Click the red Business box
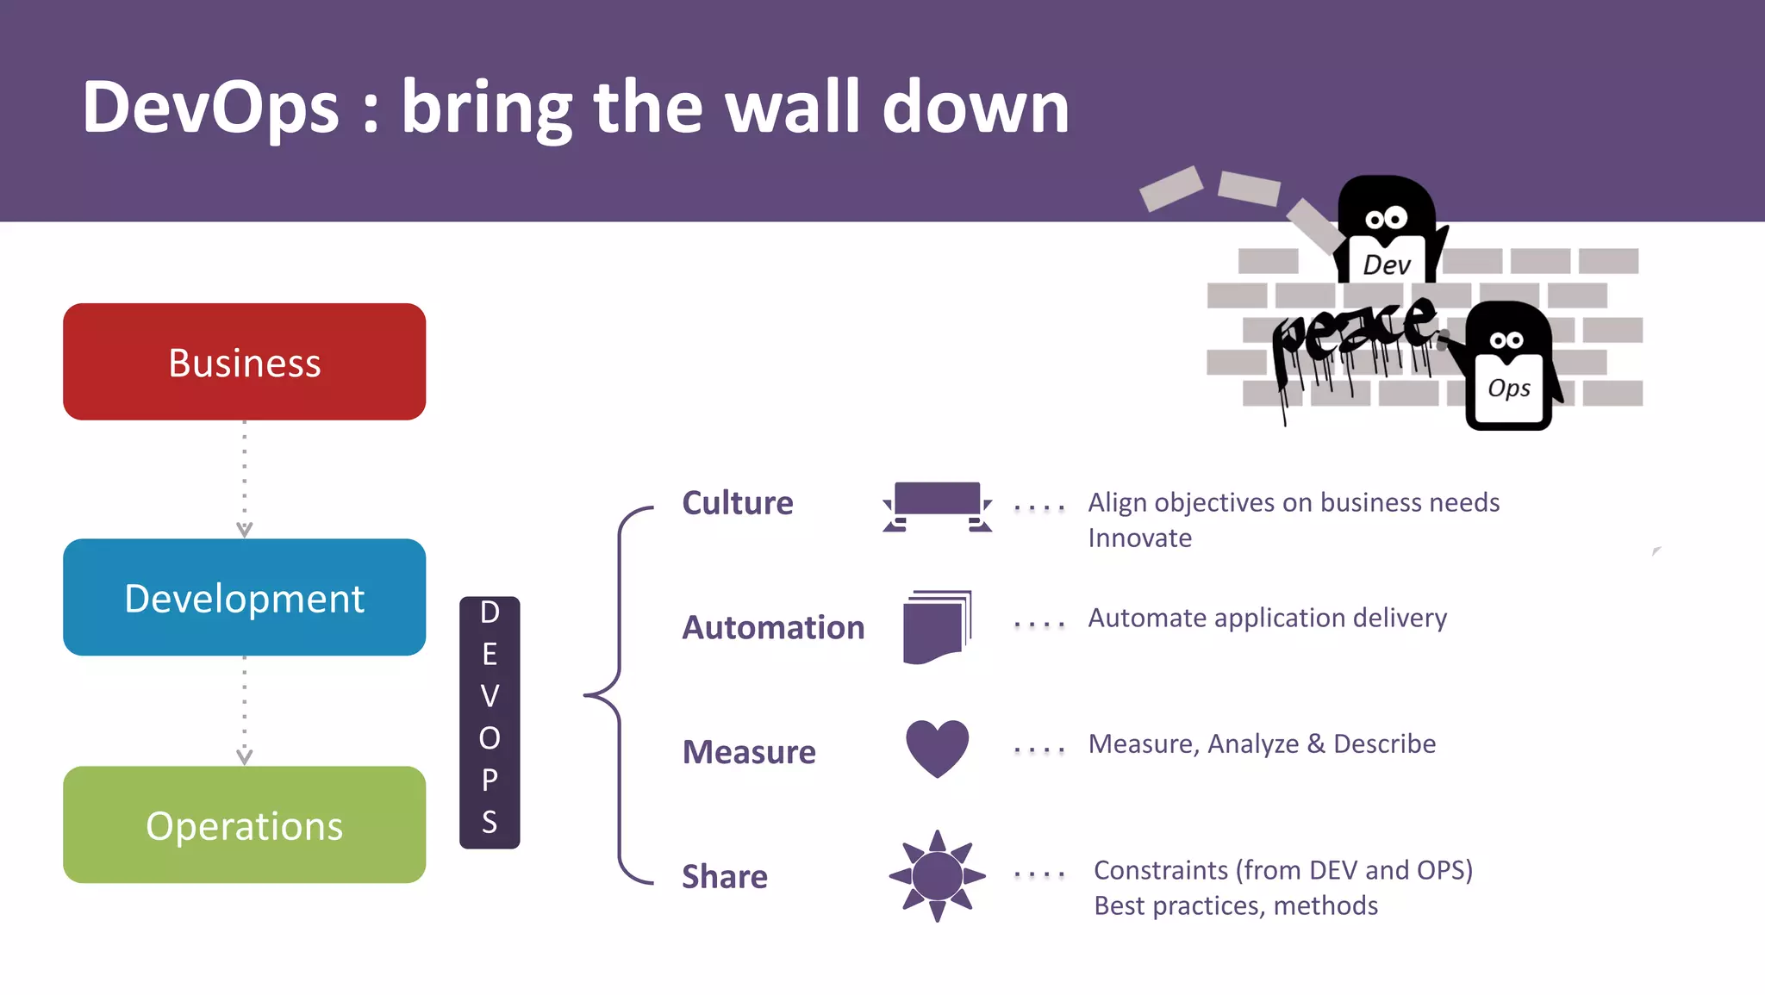(x=244, y=362)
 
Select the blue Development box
(x=244, y=598)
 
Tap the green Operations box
(x=244, y=825)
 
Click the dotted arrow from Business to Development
(x=245, y=479)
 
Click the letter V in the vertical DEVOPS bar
(x=490, y=696)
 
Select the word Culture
(x=737, y=502)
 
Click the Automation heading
(x=773, y=627)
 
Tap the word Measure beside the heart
(x=749, y=752)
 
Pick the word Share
(x=724, y=876)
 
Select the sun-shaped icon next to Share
(x=937, y=876)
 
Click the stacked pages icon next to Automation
(x=937, y=627)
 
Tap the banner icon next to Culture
(x=937, y=506)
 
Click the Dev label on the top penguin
(x=1387, y=264)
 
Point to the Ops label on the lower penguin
(x=1509, y=389)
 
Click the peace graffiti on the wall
(x=1353, y=336)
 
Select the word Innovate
(x=1139, y=538)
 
